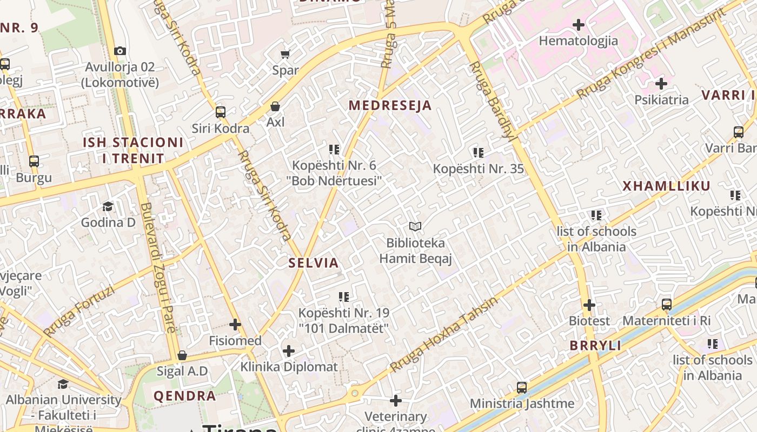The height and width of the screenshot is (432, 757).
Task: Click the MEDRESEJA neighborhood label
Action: pos(390,105)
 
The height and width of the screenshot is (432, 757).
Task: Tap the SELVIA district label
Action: pos(314,263)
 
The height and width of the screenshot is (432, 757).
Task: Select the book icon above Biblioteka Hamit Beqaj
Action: pos(415,227)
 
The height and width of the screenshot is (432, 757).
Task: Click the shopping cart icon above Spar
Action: pos(285,54)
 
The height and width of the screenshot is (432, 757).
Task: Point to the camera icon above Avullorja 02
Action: pos(120,51)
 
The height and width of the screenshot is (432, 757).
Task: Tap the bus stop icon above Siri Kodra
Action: pos(221,112)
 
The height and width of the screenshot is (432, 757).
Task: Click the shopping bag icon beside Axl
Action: pos(275,106)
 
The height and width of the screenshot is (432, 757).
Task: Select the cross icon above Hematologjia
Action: pos(579,25)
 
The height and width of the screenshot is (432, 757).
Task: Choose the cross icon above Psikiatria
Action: pos(661,84)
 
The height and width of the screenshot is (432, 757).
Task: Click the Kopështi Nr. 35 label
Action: pos(479,168)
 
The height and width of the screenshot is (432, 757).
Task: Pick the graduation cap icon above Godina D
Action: pos(108,206)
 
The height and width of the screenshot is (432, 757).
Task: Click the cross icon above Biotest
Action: pos(589,305)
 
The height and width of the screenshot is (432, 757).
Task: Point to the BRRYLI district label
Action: pos(595,346)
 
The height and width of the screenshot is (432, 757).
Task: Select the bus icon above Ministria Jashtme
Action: pos(522,387)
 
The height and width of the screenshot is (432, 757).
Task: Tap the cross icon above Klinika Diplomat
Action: pos(289,351)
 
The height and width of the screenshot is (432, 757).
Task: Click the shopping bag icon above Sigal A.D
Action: pos(182,355)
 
